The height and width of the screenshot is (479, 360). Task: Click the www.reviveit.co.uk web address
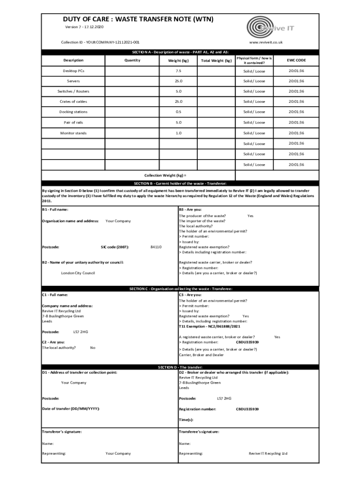pos(266,42)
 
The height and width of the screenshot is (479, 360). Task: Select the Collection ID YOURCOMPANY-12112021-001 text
pos(100,42)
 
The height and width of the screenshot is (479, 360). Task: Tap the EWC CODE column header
pos(296,60)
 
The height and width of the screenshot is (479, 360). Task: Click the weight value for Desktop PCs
pos(178,71)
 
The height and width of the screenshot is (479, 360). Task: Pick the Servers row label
pos(73,81)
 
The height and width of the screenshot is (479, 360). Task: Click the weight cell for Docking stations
pos(178,112)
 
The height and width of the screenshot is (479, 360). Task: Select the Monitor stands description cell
pos(73,133)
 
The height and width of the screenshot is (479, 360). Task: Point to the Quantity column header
pos(132,60)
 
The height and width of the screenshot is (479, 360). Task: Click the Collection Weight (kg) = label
pos(162,175)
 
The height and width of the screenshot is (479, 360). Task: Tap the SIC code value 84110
pos(156,247)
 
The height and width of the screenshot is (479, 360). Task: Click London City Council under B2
pos(78,273)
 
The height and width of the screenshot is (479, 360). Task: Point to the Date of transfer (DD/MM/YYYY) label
pos(71,409)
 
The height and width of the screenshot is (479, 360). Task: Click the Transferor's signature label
pos(62,432)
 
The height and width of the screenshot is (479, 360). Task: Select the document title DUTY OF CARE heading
pos(138,19)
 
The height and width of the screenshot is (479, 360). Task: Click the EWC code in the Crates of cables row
pos(296,102)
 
